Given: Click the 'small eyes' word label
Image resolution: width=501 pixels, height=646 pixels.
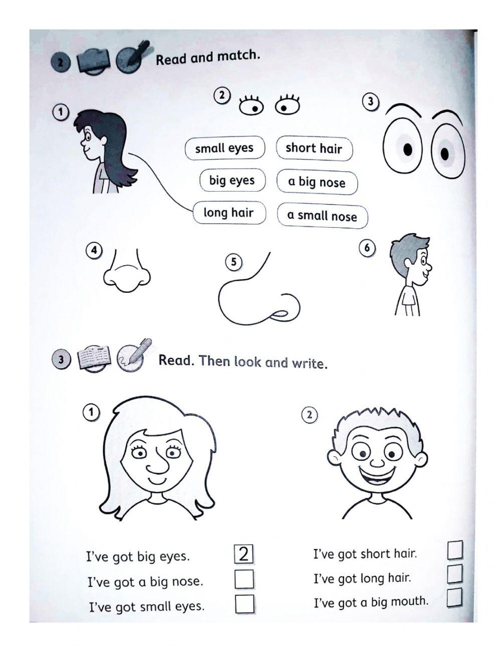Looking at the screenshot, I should [224, 148].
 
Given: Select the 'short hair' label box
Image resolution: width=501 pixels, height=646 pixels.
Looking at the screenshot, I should [314, 148].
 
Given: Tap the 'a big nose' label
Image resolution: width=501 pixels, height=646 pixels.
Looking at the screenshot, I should [317, 182].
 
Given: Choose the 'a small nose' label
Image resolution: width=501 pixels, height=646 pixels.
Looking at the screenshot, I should [322, 216].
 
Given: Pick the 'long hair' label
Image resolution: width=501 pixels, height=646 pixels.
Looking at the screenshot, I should [228, 213].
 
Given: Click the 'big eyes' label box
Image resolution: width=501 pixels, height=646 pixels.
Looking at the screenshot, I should [232, 180].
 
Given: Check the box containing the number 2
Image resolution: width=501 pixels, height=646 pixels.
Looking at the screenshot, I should [244, 554].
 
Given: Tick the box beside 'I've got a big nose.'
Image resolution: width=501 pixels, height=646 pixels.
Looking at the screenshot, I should [244, 579].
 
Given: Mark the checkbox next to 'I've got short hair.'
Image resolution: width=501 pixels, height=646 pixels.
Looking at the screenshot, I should [455, 550].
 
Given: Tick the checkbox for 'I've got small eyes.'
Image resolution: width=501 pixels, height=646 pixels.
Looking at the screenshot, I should [244, 604].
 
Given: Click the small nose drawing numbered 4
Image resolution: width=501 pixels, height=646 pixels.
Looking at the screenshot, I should [127, 274].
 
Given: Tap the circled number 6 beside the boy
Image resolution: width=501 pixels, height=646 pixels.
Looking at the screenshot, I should [367, 248].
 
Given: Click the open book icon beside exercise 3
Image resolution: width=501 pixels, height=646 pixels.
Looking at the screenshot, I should [95, 358].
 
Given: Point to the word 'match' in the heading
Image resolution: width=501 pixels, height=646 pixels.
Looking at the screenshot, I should [243, 56].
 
